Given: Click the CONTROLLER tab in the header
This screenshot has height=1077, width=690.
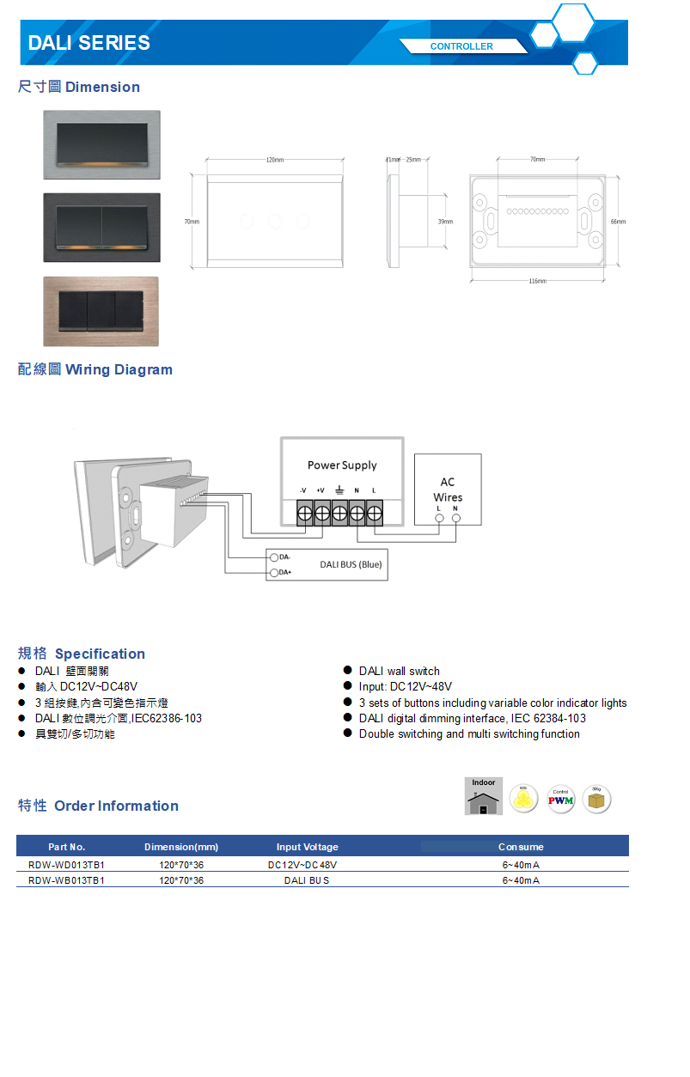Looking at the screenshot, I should pos(461,46).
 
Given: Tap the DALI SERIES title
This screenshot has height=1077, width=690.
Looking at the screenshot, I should pos(89,43).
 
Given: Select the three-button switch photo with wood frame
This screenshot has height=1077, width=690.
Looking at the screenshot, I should pos(101,311).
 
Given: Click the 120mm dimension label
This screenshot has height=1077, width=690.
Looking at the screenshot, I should pos(275,161).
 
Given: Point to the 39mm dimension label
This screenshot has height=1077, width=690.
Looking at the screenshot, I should pos(445,222).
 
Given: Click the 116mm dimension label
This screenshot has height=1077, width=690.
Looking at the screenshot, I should pos(538,281).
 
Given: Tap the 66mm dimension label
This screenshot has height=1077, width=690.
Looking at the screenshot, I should pos(618,222).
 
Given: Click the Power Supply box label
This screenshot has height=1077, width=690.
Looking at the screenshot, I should pos(342,465).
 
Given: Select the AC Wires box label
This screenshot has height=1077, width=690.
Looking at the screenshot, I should pos(448,490).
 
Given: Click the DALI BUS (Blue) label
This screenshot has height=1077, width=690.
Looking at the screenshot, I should pos(351,565).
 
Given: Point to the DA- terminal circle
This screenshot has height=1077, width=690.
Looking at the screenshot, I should pos(274,558).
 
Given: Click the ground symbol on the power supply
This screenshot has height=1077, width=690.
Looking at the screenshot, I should pos(339,490).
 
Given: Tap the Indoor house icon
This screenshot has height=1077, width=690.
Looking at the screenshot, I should pos(484,796).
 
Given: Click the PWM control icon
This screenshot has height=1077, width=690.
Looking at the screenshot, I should pos(561,800).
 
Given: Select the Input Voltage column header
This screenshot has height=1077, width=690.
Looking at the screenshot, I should pos(308,847).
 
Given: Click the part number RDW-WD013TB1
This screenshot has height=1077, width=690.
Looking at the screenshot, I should pos(66,865).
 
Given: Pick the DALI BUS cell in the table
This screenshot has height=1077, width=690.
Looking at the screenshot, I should pos(307,880).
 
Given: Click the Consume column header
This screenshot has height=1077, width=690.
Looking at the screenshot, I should pos(521,847).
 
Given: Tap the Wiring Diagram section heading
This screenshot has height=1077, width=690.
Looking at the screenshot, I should pos(95,370).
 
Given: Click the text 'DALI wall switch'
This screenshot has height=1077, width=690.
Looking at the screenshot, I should pos(399,672).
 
